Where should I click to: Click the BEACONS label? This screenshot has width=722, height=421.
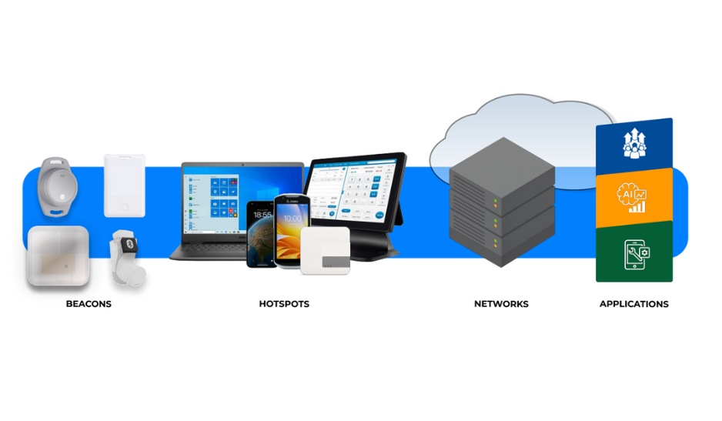[89, 304]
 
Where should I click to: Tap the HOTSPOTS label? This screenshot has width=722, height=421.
[284, 304]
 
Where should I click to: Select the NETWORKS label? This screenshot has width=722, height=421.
[501, 304]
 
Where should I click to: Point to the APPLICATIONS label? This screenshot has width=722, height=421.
[633, 304]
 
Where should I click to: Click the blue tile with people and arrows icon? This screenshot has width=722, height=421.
[634, 146]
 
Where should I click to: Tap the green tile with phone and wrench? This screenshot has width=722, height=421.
[634, 252]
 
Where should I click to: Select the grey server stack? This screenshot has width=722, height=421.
[501, 204]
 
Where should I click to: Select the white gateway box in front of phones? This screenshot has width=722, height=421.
[325, 250]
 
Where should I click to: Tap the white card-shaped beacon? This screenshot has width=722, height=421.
[124, 185]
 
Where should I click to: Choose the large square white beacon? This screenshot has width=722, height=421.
[58, 256]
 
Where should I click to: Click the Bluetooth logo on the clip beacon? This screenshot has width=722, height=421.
[130, 243]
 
